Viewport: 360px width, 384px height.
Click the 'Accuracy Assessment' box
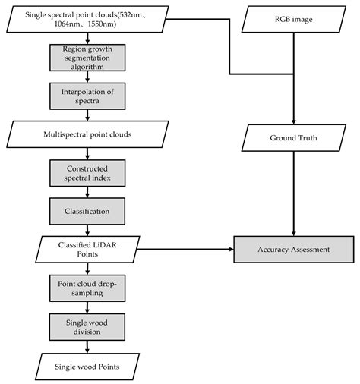[292, 249]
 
